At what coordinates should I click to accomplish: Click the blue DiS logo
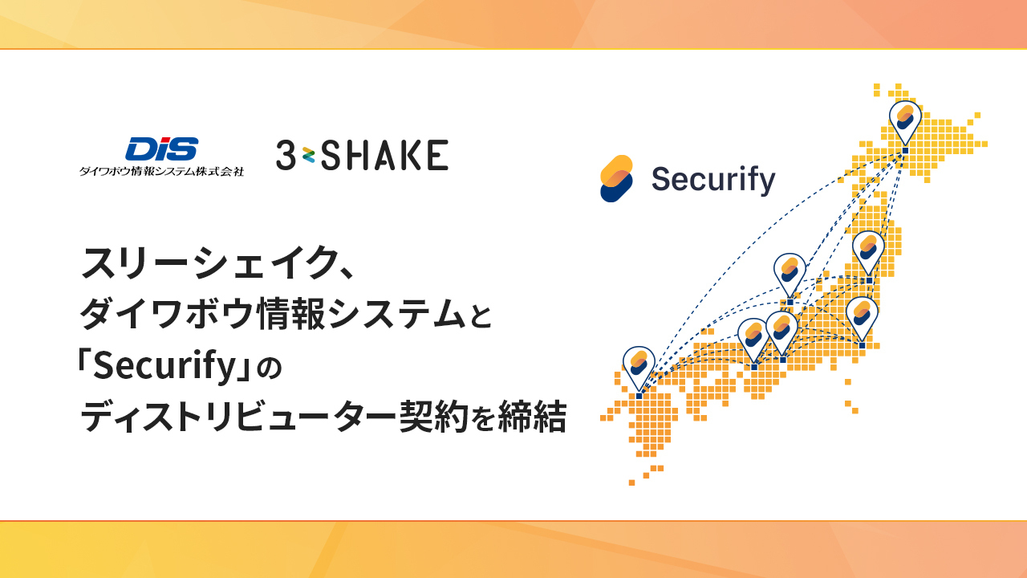point(162,149)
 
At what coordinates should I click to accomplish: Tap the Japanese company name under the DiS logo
point(161,172)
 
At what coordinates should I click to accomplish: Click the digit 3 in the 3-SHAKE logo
point(286,155)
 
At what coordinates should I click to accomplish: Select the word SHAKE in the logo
point(384,155)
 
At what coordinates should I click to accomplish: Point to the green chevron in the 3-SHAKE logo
point(308,156)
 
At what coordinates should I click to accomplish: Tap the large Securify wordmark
point(713,179)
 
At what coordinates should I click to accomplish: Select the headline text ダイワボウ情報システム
point(273,313)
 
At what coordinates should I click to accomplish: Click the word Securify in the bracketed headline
point(164,365)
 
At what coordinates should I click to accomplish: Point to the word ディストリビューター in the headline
point(238,416)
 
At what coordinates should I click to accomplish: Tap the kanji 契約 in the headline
point(433,416)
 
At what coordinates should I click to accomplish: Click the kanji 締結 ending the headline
point(532,416)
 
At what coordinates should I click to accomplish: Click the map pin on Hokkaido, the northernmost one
point(905,122)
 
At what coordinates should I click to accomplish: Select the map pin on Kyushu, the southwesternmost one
point(639,368)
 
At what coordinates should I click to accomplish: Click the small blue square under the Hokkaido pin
point(905,150)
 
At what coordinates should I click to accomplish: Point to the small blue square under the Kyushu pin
point(639,396)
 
